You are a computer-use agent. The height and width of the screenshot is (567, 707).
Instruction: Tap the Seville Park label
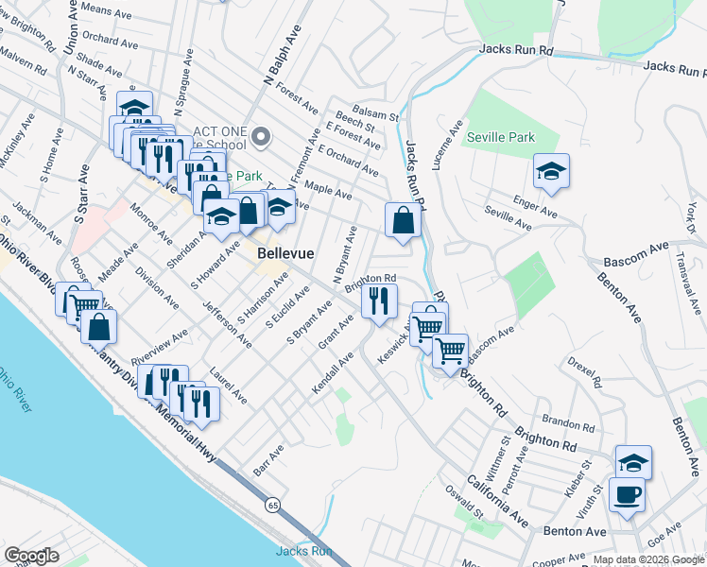pyautogui.click(x=501, y=138)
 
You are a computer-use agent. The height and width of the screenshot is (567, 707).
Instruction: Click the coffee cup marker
pyautogui.click(x=627, y=494)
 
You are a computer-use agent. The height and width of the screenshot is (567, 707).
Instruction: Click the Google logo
pyautogui.click(x=31, y=556)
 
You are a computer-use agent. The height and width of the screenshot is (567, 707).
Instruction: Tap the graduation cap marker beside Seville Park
pyautogui.click(x=551, y=172)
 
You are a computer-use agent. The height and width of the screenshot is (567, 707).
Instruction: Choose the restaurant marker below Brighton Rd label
pyautogui.click(x=378, y=301)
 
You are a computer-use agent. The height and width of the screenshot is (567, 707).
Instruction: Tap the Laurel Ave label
pyautogui.click(x=229, y=386)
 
